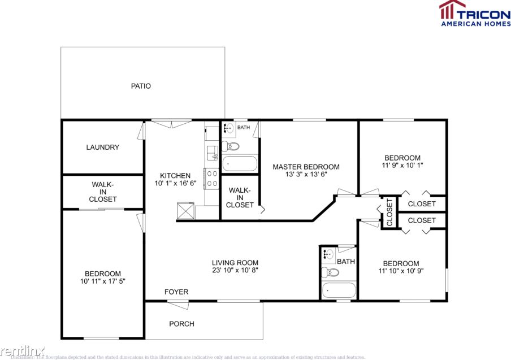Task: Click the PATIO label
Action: pos(141,86)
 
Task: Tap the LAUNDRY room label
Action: pos(102,148)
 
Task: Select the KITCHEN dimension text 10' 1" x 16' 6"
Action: pos(175,184)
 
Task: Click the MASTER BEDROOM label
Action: pos(306,167)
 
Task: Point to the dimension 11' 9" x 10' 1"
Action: pos(402,166)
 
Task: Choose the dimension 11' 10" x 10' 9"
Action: pos(401,271)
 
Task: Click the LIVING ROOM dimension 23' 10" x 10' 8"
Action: pos(235,270)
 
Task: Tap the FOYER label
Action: pos(176,292)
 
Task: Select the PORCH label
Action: pos(181,324)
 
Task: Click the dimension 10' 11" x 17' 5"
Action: pos(103,281)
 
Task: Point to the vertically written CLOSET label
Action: pos(389,212)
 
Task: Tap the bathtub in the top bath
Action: pos(240,164)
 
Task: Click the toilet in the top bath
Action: pos(231,147)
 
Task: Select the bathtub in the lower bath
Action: pos(339,290)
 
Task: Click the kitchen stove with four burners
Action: pos(213,179)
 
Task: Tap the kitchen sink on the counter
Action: pos(213,152)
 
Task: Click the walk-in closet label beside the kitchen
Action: pos(240,197)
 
